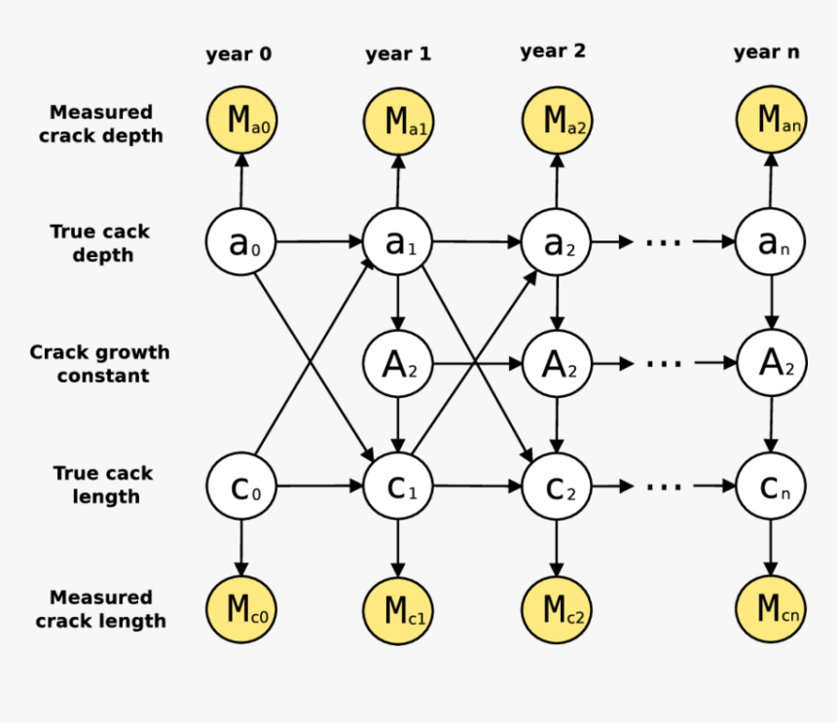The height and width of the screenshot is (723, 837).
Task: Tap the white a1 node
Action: click(x=398, y=242)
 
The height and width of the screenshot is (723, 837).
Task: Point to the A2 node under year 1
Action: click(x=398, y=364)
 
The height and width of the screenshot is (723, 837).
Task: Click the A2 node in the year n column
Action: click(x=771, y=364)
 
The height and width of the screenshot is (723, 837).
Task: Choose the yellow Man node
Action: click(x=771, y=122)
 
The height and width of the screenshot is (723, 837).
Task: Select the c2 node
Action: click(x=557, y=487)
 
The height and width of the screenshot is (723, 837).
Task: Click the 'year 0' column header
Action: click(x=239, y=54)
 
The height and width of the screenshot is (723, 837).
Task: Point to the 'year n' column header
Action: click(x=767, y=53)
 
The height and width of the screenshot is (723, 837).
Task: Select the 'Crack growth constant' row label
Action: click(x=99, y=364)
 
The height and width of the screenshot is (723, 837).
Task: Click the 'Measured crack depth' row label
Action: click(x=101, y=124)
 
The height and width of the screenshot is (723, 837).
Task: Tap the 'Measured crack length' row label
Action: click(x=101, y=609)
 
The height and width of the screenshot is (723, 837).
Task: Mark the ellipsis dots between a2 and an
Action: click(x=664, y=242)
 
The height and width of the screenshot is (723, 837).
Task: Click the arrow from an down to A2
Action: click(x=771, y=303)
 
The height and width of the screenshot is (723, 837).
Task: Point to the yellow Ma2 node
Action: click(x=557, y=122)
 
